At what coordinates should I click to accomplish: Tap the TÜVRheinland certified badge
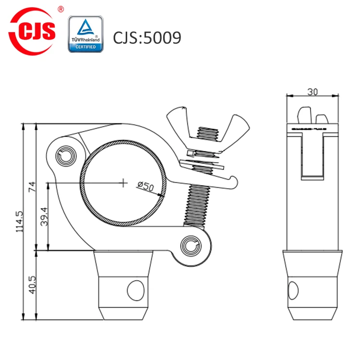coord(86,34)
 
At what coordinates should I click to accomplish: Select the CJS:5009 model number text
coord(147,37)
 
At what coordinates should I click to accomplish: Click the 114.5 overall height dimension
coord(20,221)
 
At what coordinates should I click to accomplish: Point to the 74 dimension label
coord(33,187)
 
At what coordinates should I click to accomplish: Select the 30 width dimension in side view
coord(312,90)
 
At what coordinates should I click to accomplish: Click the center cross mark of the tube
coord(124,182)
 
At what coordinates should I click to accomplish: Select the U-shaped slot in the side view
coord(312,156)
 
